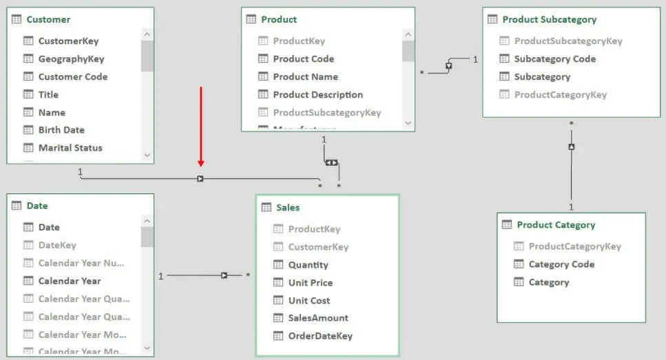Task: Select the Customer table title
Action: (48, 19)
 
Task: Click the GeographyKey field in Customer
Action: (71, 59)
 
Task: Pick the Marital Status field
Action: (70, 148)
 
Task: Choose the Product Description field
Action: (318, 95)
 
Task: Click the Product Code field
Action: (303, 59)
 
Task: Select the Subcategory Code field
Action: (554, 59)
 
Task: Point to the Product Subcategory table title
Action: (549, 19)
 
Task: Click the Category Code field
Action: (561, 264)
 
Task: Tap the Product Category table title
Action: (556, 225)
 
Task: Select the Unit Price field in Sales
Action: (310, 283)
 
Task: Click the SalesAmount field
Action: (318, 318)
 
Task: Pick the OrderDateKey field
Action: (320, 336)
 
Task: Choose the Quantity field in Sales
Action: (308, 265)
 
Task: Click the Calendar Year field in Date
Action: (69, 281)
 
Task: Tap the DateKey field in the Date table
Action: (57, 245)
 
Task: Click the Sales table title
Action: (288, 207)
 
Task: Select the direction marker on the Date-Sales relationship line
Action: (224, 275)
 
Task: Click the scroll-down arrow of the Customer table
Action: (147, 156)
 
